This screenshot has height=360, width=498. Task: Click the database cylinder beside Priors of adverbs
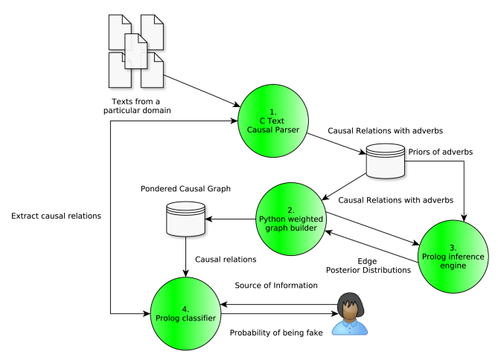pos(385,162)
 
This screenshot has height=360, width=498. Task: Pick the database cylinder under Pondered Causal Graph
pos(183,219)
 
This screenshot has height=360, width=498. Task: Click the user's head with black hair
pos(349,305)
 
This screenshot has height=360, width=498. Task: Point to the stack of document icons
pos(135,50)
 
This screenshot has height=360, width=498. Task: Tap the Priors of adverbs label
pos(440,152)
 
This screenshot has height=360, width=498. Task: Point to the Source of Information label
pos(276,286)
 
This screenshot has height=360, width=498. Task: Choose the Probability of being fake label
pos(276,333)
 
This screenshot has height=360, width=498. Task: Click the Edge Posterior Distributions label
pos(368,266)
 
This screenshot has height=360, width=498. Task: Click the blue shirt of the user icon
pos(350,328)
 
